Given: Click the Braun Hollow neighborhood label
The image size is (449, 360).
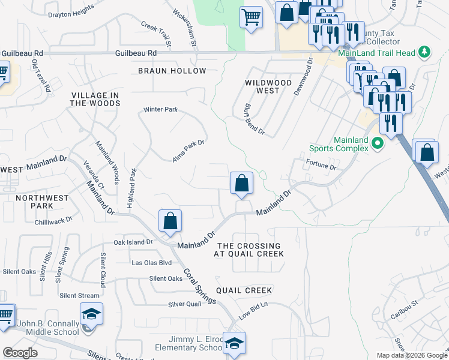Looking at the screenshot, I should (172, 71).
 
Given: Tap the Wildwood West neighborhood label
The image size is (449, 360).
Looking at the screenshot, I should (268, 86).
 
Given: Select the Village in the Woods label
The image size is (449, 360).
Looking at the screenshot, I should (95, 100).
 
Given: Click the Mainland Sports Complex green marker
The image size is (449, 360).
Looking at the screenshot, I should (378, 143).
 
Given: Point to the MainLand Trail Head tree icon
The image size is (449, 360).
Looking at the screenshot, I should (425, 53).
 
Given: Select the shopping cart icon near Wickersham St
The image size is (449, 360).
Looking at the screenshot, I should (251, 17).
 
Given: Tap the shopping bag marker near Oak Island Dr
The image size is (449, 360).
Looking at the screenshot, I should (170, 220).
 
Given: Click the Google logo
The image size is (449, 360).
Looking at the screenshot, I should (20, 353).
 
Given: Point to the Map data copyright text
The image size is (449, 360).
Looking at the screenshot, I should (412, 355).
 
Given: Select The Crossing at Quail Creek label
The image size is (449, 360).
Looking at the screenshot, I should (249, 250).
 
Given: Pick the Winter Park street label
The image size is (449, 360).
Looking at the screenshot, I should (160, 110).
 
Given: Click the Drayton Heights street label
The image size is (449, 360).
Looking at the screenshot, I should (71, 13).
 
